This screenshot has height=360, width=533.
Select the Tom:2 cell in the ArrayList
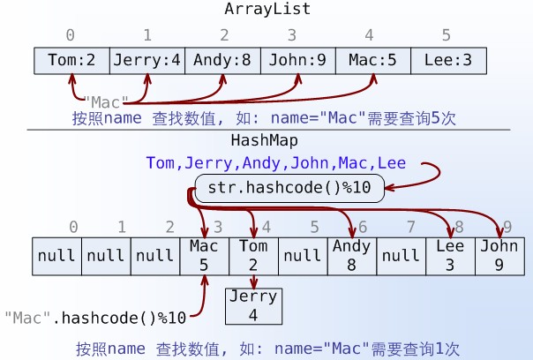tap(71, 61)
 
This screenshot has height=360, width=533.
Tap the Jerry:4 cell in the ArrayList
tap(146, 61)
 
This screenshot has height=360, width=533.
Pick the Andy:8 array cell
tap(223, 61)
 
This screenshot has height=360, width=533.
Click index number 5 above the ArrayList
tap(447, 35)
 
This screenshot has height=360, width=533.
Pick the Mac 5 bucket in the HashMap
tap(205, 255)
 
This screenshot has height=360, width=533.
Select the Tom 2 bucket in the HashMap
tap(254, 255)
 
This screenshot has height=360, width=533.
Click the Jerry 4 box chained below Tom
tap(254, 305)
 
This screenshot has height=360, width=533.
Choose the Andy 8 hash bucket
tap(352, 255)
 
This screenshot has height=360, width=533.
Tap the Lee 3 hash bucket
tap(451, 255)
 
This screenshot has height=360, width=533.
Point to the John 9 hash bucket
tap(500, 255)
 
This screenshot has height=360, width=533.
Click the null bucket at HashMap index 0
tap(56, 256)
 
